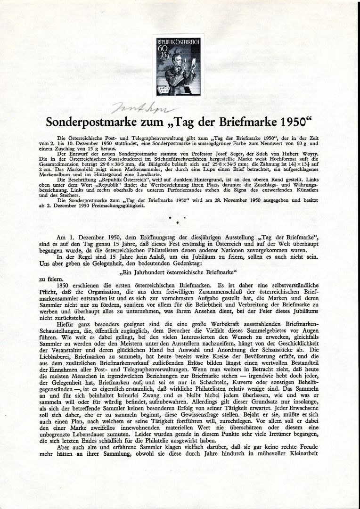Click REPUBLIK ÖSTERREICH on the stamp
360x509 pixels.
[178, 42]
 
